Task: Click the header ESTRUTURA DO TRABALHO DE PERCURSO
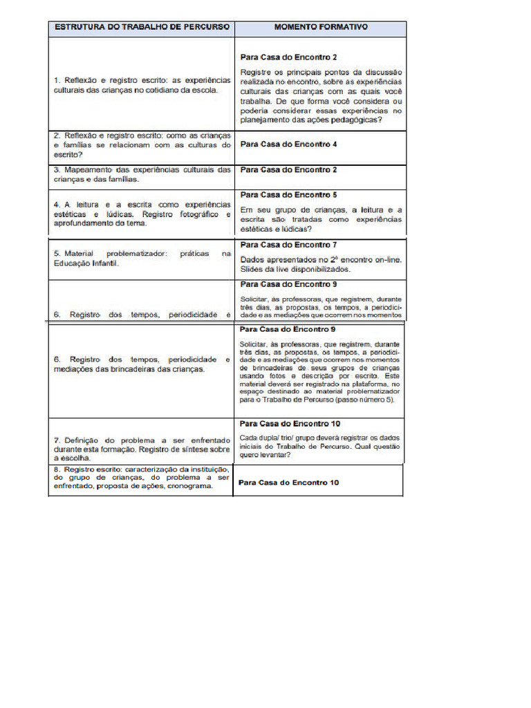141,28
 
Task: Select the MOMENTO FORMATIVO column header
320,28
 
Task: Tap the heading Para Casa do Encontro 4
288,145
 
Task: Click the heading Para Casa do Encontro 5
288,195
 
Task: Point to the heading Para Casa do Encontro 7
288,245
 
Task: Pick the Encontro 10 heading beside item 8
288,483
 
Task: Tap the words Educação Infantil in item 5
85,263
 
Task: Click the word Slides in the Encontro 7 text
252,270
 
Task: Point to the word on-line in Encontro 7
386,259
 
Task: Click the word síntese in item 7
191,449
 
